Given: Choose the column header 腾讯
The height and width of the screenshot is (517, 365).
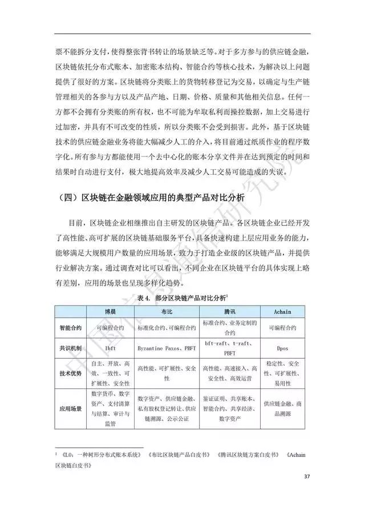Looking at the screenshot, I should pyautogui.click(x=229, y=310).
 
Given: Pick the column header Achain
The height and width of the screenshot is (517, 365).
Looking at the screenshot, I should pyautogui.click(x=283, y=310).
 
